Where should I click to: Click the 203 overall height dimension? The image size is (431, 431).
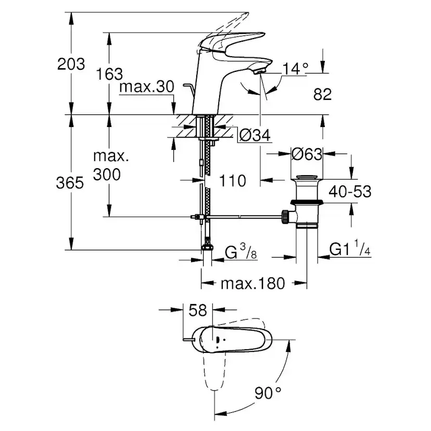click(x=71, y=64)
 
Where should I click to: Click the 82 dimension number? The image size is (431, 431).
click(x=322, y=94)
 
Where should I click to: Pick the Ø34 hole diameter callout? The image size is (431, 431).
click(x=255, y=136)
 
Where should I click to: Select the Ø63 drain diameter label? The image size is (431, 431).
click(x=307, y=155)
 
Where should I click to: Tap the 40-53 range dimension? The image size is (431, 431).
click(x=349, y=192)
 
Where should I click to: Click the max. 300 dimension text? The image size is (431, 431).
click(x=107, y=165)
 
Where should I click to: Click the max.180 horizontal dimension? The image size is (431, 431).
click(x=253, y=284)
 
